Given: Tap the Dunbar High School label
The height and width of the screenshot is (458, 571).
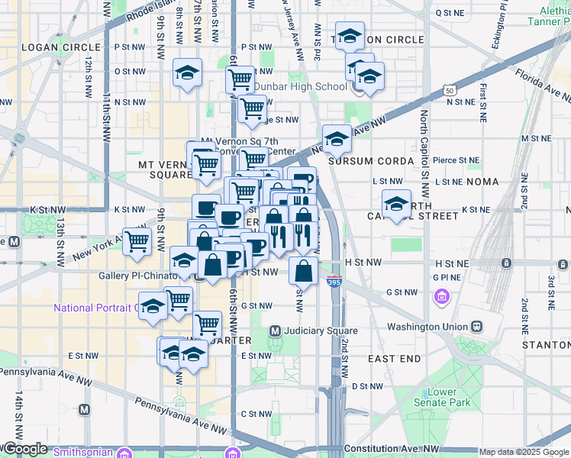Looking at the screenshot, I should point(300,86).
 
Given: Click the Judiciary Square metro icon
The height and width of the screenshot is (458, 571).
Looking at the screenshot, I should point(276,331).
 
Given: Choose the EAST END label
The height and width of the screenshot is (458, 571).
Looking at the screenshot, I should point(394,358).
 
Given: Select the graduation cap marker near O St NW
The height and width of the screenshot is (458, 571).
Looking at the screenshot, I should point(187,73).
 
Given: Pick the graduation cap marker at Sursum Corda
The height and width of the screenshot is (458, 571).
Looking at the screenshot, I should point(337,140).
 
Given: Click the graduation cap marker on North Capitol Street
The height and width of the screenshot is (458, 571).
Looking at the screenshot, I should point(396,205).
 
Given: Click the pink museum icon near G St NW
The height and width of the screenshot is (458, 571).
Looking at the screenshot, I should point(441,295).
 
